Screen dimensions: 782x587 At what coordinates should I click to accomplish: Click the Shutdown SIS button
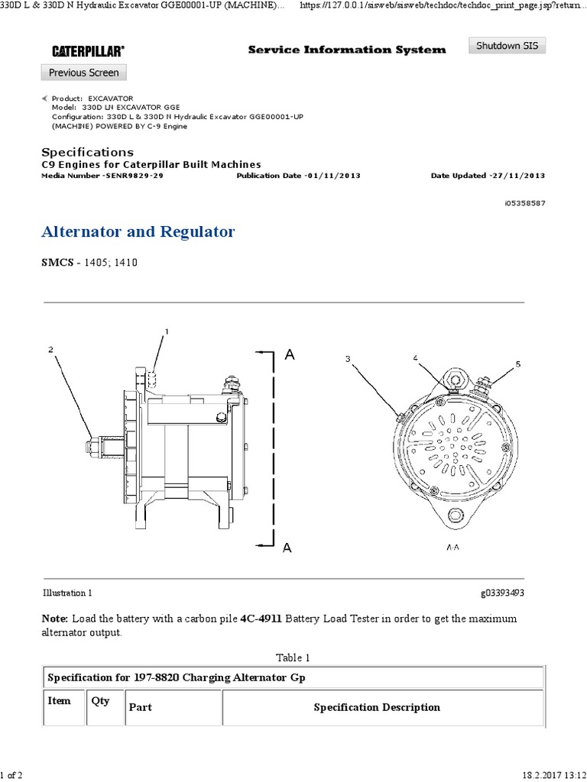tap(508, 46)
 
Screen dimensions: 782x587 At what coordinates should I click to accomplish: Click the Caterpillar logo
tap(89, 50)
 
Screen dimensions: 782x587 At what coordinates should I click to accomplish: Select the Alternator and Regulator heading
tap(138, 231)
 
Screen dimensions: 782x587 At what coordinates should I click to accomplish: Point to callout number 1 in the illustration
tap(166, 331)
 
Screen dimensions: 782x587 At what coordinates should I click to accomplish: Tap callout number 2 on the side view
tap(50, 350)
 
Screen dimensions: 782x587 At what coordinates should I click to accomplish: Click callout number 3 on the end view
tap(348, 358)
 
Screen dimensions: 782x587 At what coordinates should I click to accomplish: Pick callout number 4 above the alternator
tap(415, 357)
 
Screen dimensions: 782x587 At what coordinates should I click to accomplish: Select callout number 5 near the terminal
tap(517, 364)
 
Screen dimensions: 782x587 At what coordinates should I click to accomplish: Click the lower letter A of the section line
tap(287, 547)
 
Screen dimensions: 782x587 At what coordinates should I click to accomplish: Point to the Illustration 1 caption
tap(66, 593)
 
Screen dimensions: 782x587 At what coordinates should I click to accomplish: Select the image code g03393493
tap(502, 593)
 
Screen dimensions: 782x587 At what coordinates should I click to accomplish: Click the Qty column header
tap(100, 701)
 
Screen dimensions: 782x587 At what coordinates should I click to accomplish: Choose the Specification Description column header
tap(377, 707)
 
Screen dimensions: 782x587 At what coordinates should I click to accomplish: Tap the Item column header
tap(59, 701)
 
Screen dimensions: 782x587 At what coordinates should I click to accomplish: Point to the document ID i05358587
tap(525, 204)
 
